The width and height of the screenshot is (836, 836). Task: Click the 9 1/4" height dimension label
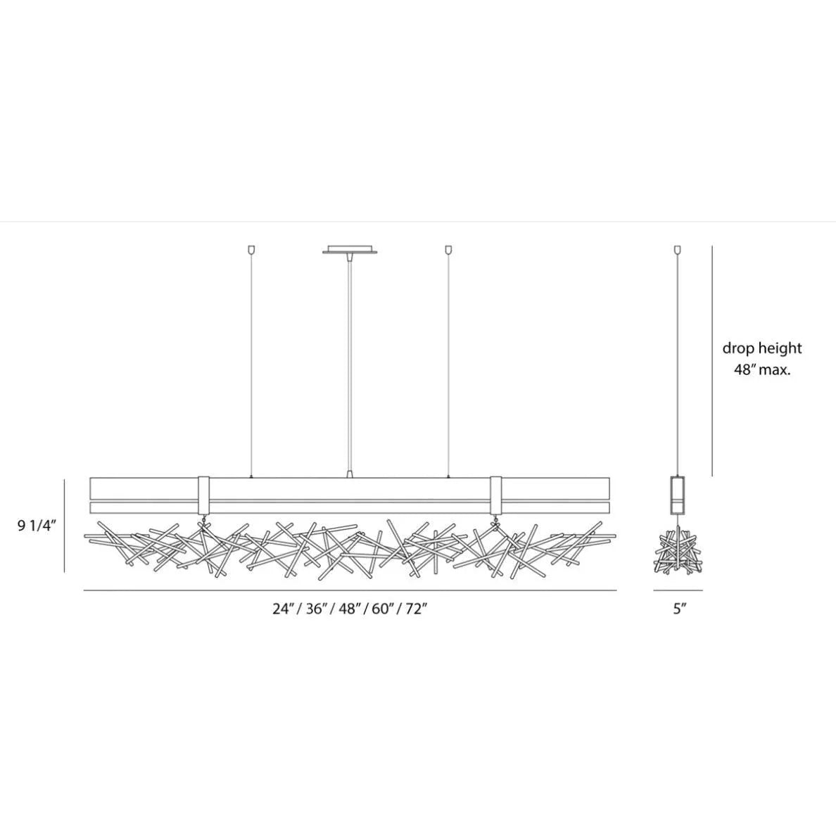37,526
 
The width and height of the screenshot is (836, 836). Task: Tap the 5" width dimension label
678,609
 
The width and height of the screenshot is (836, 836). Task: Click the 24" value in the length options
283,609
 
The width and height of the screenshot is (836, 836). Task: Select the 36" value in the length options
317,609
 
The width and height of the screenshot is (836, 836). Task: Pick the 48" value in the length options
350,609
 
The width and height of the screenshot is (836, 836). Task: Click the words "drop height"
762,349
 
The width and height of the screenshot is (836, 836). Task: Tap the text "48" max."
762,369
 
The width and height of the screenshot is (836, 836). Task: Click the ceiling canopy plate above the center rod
350,250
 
